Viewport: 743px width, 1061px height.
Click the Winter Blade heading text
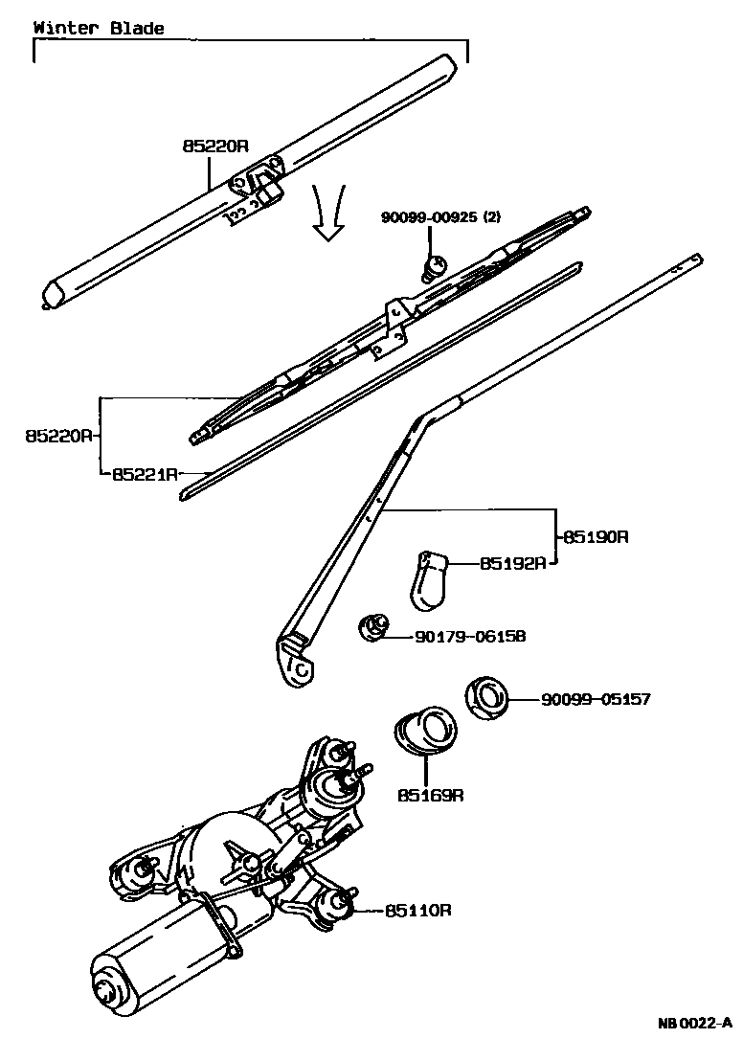pos(99,28)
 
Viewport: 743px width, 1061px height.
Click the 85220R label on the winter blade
pos(215,147)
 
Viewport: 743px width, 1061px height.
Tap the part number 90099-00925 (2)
pos(440,217)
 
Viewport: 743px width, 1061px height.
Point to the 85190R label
pos(595,537)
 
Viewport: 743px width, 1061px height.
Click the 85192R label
pos(512,563)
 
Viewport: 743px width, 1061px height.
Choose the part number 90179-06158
pos(470,636)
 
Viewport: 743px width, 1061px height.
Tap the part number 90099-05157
pos(596,700)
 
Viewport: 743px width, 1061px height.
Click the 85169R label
pos(431,795)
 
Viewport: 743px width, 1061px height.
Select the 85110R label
pos(418,910)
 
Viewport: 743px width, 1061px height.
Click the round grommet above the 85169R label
pos(427,732)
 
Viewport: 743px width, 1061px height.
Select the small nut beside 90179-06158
pos(372,628)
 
